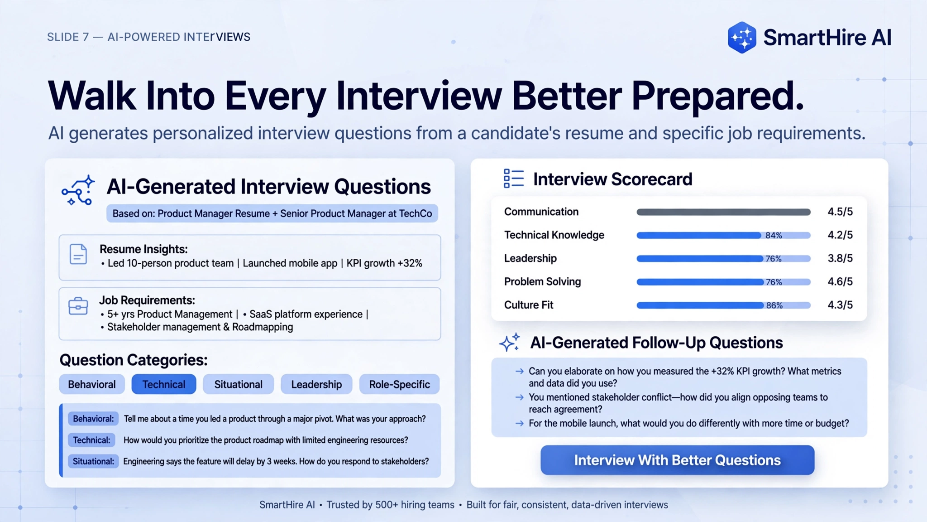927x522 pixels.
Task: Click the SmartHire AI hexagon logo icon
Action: (x=742, y=38)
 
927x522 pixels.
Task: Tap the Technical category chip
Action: (x=164, y=384)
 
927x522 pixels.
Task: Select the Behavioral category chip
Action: (x=92, y=384)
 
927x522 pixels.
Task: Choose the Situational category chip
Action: (x=239, y=384)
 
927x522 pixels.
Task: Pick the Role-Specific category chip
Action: (x=399, y=384)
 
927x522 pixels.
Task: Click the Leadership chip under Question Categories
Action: (x=316, y=384)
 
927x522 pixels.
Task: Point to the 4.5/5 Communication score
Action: (x=840, y=212)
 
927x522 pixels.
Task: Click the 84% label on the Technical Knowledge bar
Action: (x=774, y=236)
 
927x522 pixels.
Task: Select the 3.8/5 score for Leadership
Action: (x=840, y=258)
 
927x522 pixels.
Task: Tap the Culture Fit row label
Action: (x=529, y=305)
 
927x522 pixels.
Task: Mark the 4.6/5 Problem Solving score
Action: (x=840, y=281)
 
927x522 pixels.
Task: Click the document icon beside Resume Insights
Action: (x=78, y=254)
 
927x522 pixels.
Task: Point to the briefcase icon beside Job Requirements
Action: (x=78, y=306)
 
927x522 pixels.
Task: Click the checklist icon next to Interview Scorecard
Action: (x=514, y=179)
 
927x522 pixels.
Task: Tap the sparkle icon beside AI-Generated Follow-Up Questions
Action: (x=510, y=343)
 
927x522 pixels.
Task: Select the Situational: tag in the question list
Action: (x=93, y=461)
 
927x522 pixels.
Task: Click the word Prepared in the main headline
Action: (x=718, y=97)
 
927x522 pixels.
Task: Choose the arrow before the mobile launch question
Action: (x=520, y=424)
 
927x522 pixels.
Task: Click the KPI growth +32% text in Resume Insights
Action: (x=384, y=263)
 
